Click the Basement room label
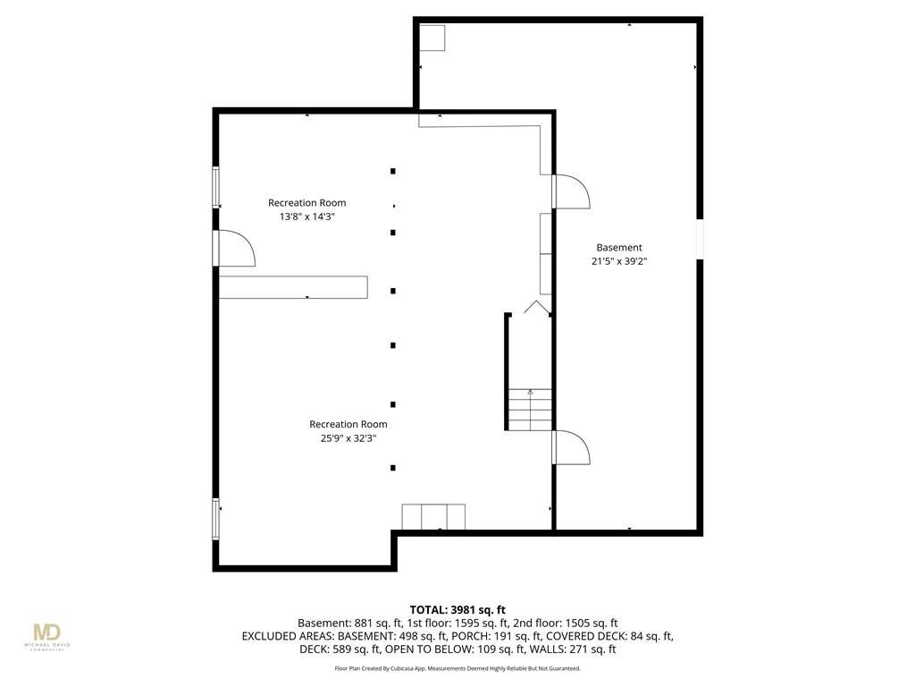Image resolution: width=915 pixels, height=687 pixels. point(619,248)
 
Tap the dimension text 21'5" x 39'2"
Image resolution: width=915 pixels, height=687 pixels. point(619,262)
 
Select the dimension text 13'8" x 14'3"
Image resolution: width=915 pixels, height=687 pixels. point(307,216)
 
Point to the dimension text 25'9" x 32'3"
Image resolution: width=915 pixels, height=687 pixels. point(348,438)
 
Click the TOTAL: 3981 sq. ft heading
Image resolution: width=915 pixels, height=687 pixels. point(457,610)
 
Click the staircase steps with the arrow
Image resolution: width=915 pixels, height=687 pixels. point(530,410)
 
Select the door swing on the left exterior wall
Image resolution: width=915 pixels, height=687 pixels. point(236,249)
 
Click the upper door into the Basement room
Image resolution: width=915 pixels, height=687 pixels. point(571,191)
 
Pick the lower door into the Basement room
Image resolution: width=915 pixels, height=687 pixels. point(571,447)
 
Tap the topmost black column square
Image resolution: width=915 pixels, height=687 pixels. point(393,171)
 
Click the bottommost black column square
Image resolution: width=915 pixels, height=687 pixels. point(393,468)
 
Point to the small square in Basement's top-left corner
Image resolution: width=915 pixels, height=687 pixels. point(432,38)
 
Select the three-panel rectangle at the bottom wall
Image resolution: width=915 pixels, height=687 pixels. point(433,517)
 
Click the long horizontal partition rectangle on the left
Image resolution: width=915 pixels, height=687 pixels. point(293,287)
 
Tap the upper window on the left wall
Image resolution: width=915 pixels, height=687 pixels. point(216,187)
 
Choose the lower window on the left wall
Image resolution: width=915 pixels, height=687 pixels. point(216,519)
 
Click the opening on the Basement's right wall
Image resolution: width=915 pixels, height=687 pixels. point(700,238)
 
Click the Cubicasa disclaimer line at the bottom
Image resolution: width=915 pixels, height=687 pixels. point(457,668)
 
